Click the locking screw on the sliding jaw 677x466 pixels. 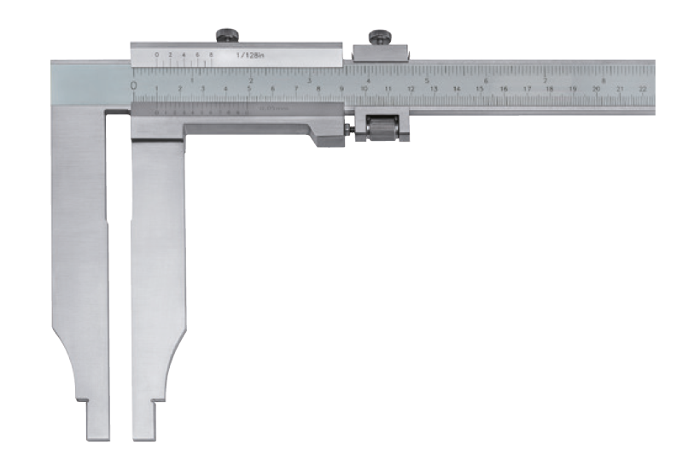point(227,35)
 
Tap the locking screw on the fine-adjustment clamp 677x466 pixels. point(379,37)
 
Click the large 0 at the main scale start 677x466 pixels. point(134,85)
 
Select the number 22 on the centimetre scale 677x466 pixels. point(642,88)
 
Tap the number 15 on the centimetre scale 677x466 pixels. point(480,88)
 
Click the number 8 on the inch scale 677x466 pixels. point(604,80)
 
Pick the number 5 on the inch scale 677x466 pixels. point(426,80)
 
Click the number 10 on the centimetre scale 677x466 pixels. point(364,88)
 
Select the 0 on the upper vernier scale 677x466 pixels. point(157,55)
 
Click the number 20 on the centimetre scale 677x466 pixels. point(595,88)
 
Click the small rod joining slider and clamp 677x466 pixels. point(349,130)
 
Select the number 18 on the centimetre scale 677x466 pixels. point(549,88)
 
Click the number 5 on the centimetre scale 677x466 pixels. point(248,88)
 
